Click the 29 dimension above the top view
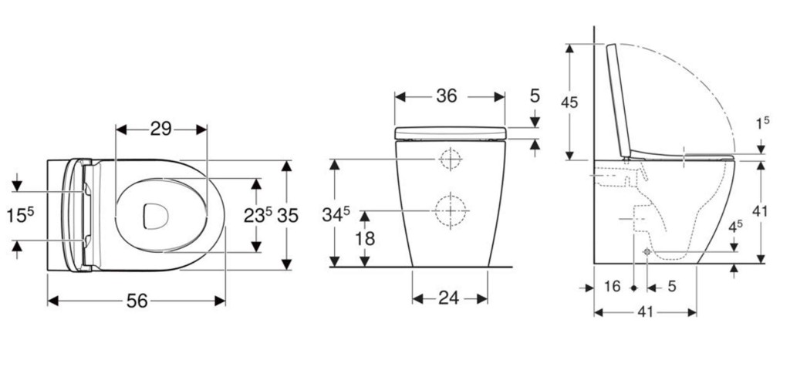pos(161,129)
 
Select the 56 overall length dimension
pos(137,301)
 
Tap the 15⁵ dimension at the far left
pos(20,216)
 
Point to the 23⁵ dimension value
pos(258,215)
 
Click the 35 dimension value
pos(288,216)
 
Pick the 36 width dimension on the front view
pos(447,96)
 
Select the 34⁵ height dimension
pos(336,214)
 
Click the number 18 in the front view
pos(365,239)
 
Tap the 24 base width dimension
pos(448,298)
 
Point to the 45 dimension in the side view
pos(569,103)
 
